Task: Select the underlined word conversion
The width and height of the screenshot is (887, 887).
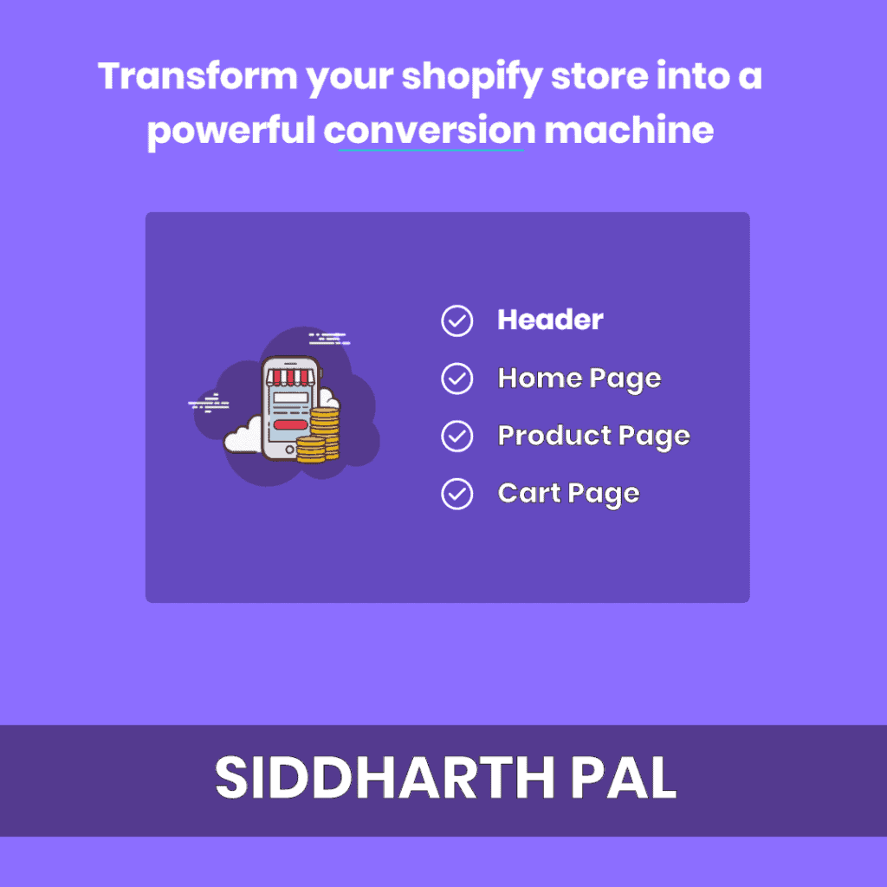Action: (x=431, y=131)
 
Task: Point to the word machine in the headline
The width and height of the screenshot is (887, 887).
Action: (x=629, y=131)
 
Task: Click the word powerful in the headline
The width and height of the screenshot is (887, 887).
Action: (x=231, y=131)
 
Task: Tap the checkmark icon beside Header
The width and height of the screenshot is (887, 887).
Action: (x=457, y=320)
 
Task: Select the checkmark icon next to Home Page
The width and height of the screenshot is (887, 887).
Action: (x=457, y=379)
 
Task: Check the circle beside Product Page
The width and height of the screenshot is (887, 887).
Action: (x=457, y=436)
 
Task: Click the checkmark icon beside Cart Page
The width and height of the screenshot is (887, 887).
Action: (x=457, y=494)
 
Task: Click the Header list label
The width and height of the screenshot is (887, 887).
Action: (x=550, y=320)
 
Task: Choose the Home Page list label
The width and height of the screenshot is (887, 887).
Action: (x=579, y=379)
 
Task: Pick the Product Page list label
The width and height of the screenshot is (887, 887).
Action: (x=593, y=436)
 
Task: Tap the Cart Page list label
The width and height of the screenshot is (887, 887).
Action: (x=568, y=494)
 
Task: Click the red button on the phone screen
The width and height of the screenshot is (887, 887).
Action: (x=288, y=425)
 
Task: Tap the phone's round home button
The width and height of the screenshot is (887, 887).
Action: (x=289, y=450)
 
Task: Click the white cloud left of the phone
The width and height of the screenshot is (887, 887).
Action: (x=243, y=436)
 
